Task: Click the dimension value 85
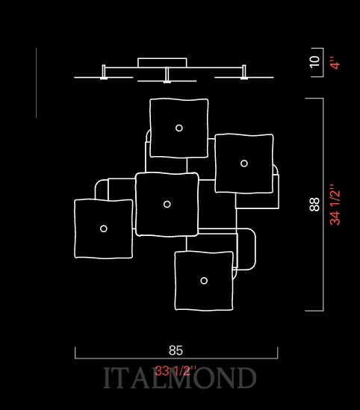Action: tap(176, 350)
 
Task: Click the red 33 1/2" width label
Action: tap(176, 370)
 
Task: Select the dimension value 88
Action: tap(314, 204)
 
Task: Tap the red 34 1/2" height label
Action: tap(335, 205)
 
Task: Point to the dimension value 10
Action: tap(314, 62)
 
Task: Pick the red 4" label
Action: tap(335, 63)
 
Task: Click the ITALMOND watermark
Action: tap(179, 378)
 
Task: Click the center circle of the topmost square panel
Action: tap(179, 128)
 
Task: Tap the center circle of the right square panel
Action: tap(244, 164)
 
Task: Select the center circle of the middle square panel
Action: tap(167, 204)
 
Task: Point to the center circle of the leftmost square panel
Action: tap(104, 229)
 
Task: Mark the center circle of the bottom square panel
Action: tap(204, 281)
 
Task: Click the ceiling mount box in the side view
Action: tap(162, 63)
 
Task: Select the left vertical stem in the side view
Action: tap(104, 72)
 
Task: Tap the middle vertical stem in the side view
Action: tap(167, 75)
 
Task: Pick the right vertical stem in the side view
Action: tap(244, 72)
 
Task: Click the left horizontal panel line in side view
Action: tap(104, 78)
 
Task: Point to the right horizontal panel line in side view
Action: tap(244, 78)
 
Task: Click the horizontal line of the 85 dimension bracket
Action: tap(176, 358)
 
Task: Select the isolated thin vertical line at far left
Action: tap(36, 83)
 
